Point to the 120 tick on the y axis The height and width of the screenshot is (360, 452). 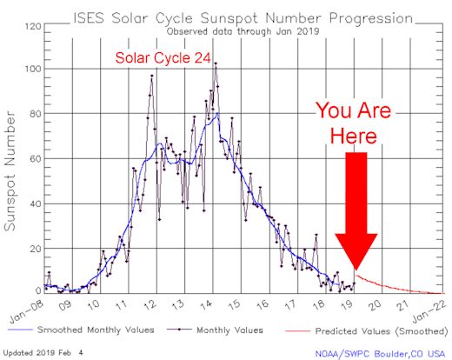point(33,26)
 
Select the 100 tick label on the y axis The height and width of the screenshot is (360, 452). point(33,69)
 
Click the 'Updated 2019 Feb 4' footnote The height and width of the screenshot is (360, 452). point(37,352)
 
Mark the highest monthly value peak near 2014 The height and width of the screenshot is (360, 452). point(215,63)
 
